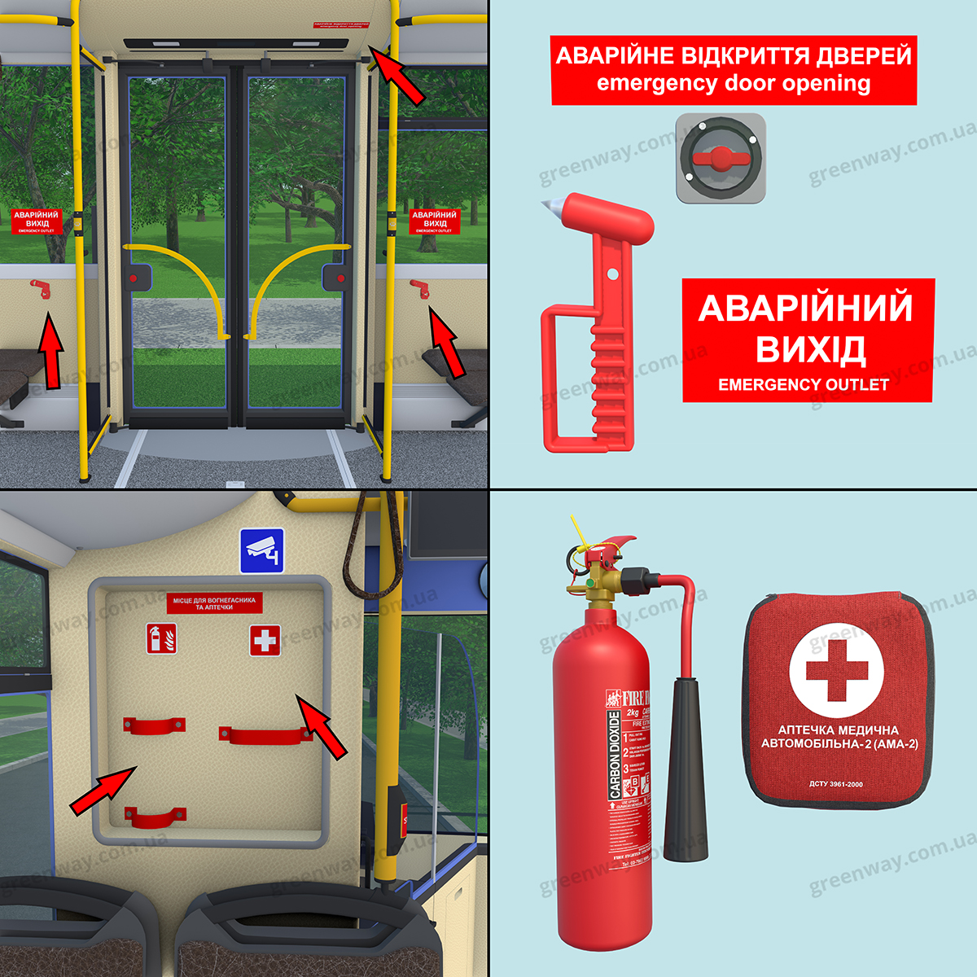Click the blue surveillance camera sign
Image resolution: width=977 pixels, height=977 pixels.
[x=261, y=550]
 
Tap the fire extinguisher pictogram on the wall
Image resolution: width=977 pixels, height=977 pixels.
[x=162, y=638]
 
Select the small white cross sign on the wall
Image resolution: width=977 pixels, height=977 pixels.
[x=265, y=640]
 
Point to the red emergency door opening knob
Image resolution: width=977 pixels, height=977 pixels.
[x=720, y=157]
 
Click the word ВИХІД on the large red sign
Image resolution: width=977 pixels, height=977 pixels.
[x=809, y=348]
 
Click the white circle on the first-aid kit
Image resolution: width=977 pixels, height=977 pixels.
[x=836, y=671]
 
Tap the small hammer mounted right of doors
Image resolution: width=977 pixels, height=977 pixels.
[x=420, y=287]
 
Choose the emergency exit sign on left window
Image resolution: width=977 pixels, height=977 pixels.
[x=37, y=221]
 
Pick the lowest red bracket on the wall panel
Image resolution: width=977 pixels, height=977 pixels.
[x=155, y=817]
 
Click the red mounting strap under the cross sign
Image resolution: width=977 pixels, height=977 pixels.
[x=265, y=736]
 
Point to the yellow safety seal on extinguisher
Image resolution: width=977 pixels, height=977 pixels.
[x=580, y=544]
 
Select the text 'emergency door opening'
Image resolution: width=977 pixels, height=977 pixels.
[x=734, y=83]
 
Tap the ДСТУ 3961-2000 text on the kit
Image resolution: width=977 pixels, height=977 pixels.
[x=836, y=784]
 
